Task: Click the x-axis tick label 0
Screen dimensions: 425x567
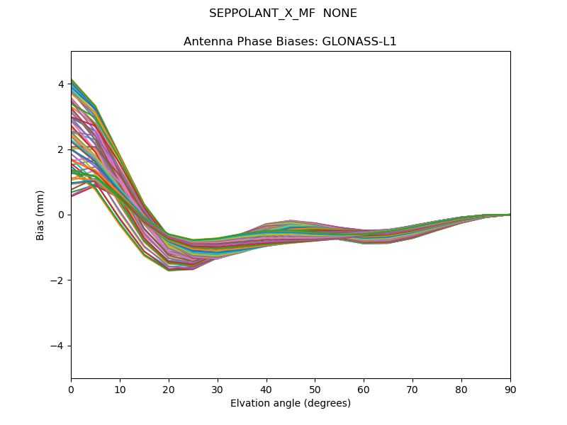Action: (x=71, y=389)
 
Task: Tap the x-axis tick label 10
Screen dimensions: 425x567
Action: (x=120, y=389)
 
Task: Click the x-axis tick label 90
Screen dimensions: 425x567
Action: (x=510, y=389)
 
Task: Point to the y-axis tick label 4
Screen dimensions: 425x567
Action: (x=61, y=84)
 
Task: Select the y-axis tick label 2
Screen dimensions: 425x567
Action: (x=61, y=149)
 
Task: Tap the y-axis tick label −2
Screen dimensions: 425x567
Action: (x=58, y=280)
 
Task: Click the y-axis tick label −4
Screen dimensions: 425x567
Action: (x=58, y=346)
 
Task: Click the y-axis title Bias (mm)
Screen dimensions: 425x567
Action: (x=40, y=215)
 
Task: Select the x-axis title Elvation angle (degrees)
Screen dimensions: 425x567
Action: (x=291, y=403)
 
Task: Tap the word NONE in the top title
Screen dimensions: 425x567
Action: (x=340, y=13)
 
